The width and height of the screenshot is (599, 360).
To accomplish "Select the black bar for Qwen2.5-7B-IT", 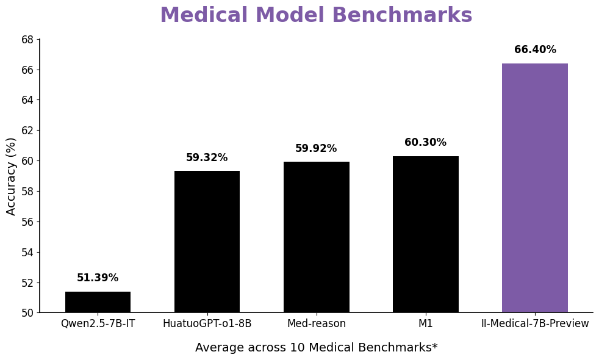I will pos(98,302).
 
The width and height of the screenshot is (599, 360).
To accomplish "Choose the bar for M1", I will pos(425,234).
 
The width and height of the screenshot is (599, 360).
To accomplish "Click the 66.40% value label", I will pos(535,50).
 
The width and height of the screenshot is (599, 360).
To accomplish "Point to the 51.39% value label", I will pos(98,278).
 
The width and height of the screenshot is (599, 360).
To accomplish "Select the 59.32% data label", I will pos(207,158).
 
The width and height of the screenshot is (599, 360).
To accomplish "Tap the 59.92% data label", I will pos(316,149).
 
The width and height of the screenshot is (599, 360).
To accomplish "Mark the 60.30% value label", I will pos(425,143).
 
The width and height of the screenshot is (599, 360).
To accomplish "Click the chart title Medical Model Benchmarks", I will pos(316,16).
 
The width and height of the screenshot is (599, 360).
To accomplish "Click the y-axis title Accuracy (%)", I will pos(12,176).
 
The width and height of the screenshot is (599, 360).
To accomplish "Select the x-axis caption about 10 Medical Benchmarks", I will pos(316,348).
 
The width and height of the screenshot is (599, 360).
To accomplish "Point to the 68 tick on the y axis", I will pos(27,40).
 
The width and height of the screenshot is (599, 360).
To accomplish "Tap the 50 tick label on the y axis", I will pos(27,313).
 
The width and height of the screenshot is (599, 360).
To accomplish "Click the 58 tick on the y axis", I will pos(27,192).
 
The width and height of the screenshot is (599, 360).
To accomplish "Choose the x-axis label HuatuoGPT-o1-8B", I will pos(207,324).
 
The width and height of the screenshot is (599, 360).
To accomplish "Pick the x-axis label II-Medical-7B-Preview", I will pos(535,324).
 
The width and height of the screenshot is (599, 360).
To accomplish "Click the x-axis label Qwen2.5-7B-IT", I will pos(98,324).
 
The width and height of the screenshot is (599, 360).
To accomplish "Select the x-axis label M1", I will pos(425,324).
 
